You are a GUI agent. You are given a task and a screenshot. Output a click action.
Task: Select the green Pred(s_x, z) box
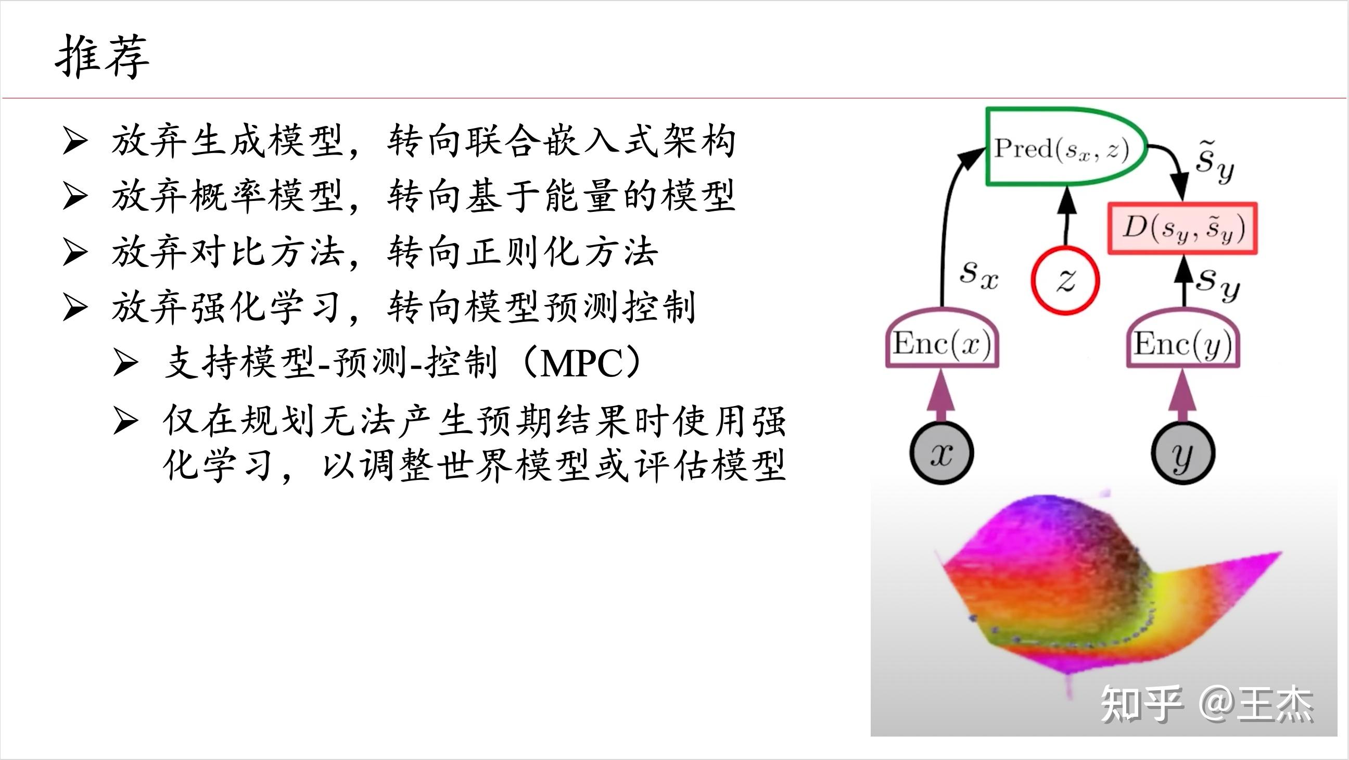[1063, 147]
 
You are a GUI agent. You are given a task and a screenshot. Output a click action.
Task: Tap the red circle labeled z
[1065, 280]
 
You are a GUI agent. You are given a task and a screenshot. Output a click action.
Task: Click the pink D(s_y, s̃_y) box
[1182, 229]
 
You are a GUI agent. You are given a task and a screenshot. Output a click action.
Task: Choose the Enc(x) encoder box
[942, 344]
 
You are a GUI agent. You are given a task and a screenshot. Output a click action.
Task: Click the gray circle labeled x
[941, 453]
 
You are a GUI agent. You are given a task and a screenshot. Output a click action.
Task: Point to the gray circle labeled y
[1182, 453]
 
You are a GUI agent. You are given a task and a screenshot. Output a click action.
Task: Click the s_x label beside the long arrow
[979, 275]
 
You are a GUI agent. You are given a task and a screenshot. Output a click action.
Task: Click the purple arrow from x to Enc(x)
[941, 398]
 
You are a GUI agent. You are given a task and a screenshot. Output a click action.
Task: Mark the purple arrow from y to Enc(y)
[1182, 398]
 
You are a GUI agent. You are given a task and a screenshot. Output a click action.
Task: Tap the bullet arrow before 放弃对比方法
[74, 252]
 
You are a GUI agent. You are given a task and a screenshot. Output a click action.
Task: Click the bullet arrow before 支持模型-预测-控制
[125, 363]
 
